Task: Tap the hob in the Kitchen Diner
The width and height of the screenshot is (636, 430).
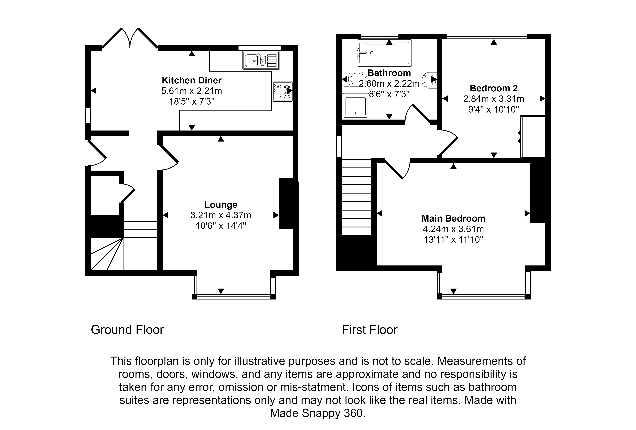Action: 282,91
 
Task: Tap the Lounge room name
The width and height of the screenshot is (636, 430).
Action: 221,205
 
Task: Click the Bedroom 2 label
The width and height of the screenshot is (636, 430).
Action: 494,88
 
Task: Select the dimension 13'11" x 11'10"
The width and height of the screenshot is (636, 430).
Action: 453,240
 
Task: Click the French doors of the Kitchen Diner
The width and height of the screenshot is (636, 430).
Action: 130,38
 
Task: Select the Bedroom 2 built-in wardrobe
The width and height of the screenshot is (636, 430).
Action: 533,137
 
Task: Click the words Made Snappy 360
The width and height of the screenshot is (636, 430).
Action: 318,413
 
